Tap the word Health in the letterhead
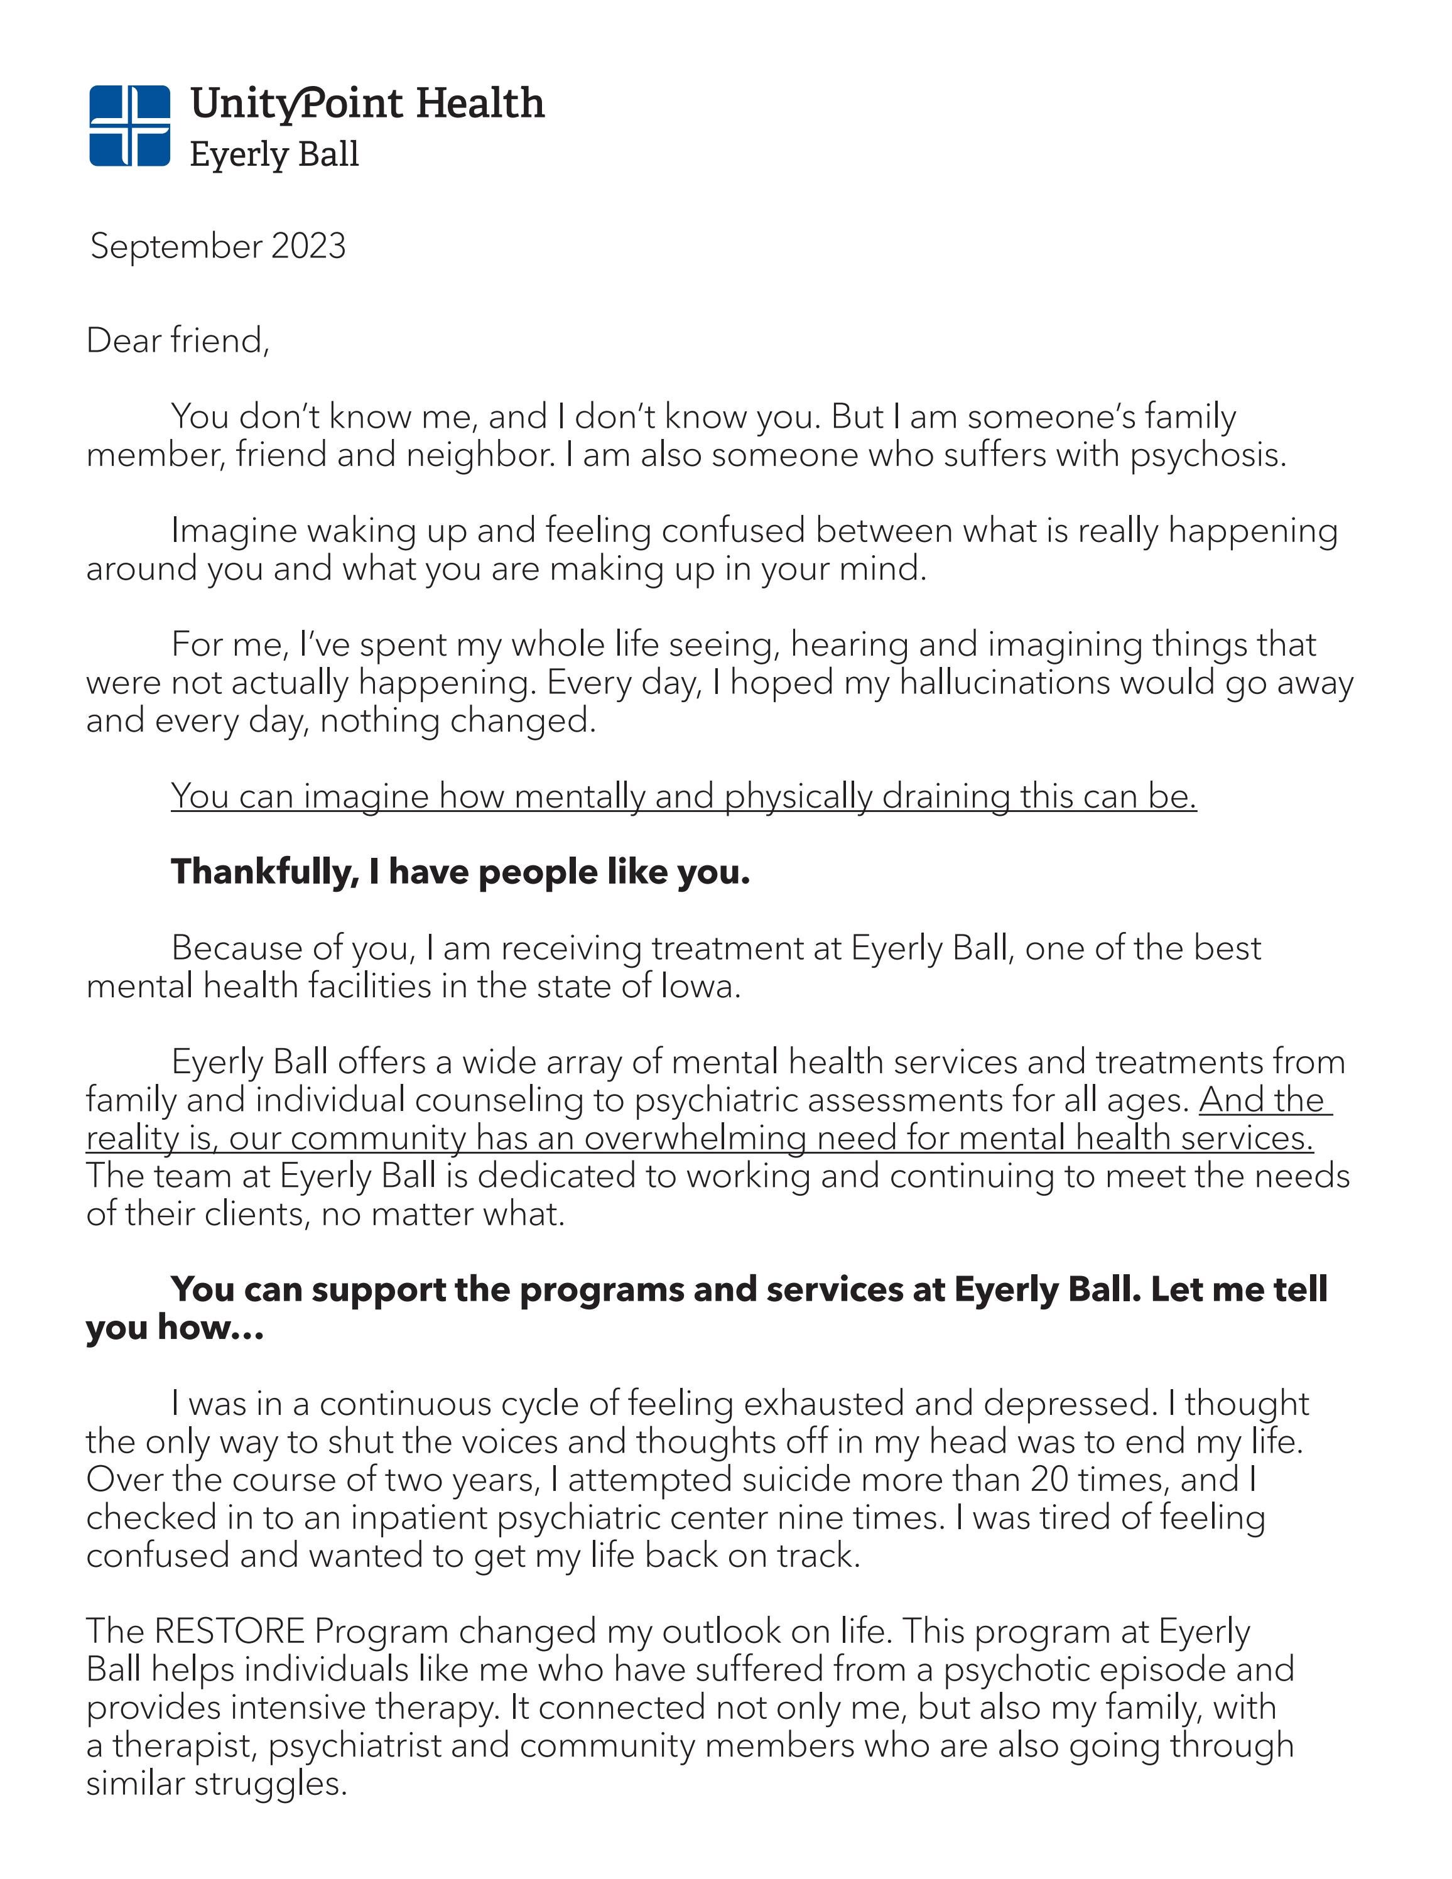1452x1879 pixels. point(480,103)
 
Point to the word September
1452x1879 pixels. point(176,247)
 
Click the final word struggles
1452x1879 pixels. point(270,1784)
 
